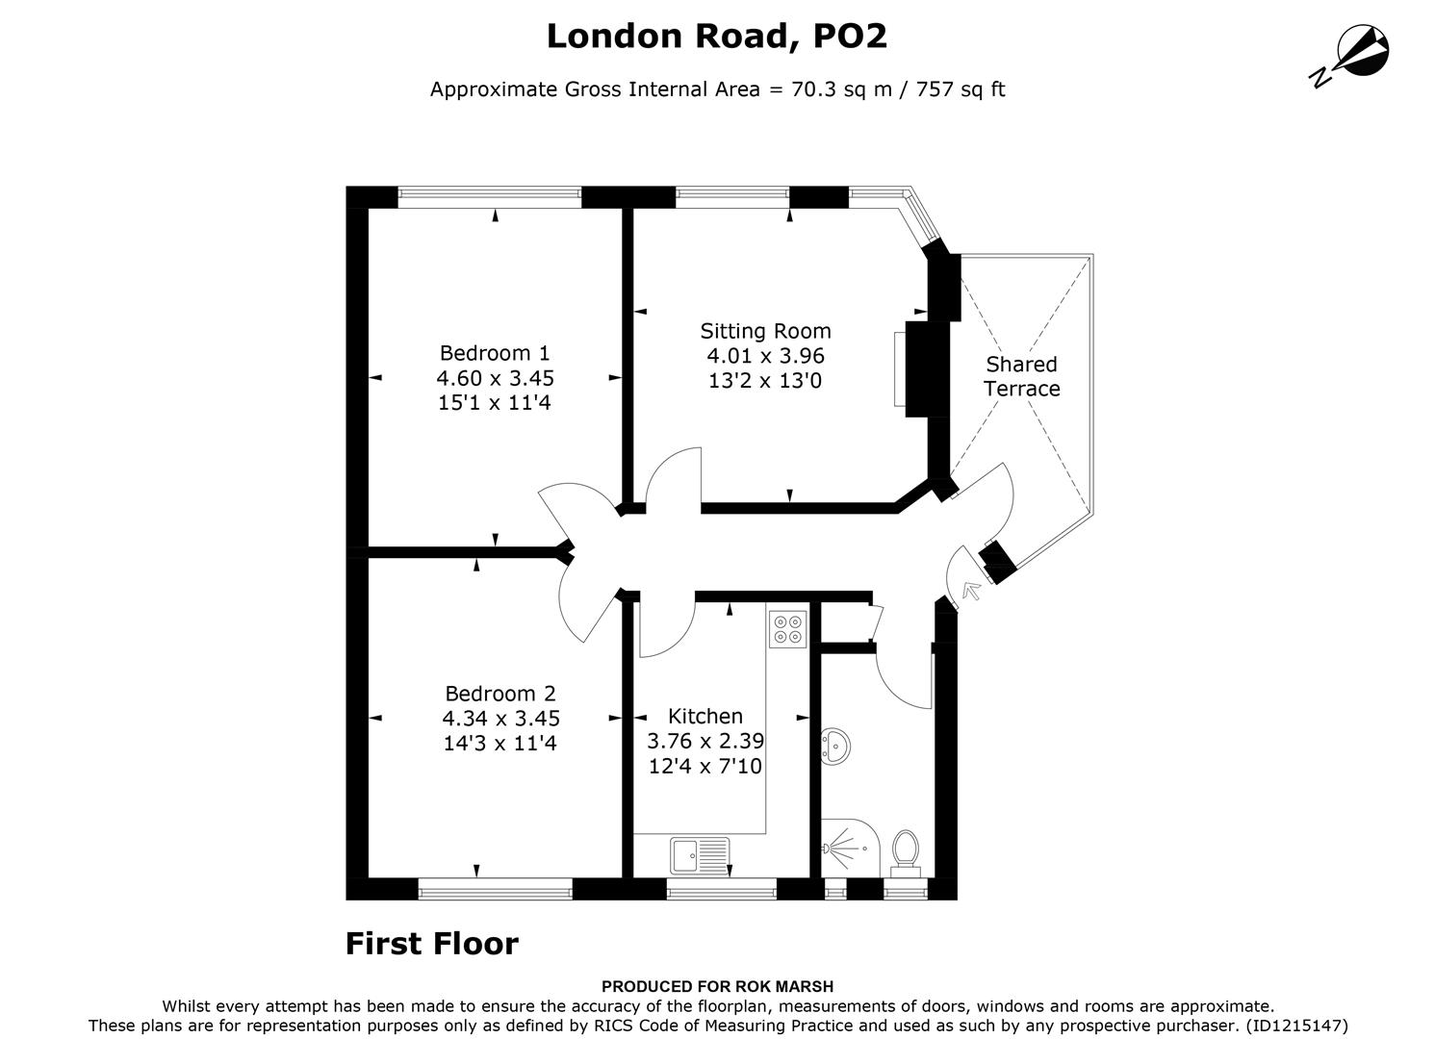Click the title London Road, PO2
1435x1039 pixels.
(717, 37)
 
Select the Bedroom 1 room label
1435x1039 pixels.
(495, 353)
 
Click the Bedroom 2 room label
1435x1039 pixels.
(500, 694)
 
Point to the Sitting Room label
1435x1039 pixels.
(765, 332)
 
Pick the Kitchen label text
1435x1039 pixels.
(705, 717)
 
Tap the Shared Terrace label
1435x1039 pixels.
(1021, 376)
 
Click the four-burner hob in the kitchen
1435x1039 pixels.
(787, 628)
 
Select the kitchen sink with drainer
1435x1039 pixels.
(700, 855)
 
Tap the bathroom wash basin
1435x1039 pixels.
(833, 745)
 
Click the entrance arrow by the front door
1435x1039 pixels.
(970, 590)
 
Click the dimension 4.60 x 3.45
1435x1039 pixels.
(495, 378)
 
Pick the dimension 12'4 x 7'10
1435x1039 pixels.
(705, 767)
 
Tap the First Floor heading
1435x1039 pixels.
(431, 944)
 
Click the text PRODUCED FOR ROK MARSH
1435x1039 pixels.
(717, 986)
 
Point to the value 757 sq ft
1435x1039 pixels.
(961, 89)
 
